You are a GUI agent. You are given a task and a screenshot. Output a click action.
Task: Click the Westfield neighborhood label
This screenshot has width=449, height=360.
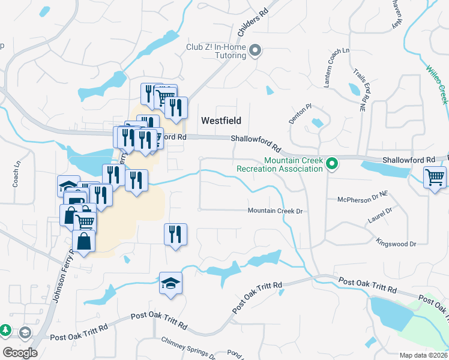[221, 121]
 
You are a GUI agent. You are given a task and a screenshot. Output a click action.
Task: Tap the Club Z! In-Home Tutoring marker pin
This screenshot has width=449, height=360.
[256, 50]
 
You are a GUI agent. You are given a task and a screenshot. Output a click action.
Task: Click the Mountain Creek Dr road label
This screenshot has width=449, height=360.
[274, 211]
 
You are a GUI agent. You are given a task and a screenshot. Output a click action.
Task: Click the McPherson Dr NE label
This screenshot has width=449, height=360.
[363, 200]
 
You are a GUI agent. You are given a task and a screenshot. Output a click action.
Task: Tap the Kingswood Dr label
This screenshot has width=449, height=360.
[396, 244]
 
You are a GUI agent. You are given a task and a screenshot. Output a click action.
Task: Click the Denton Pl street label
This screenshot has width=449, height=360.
[300, 112]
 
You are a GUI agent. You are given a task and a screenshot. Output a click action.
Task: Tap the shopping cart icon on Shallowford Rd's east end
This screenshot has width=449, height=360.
[434, 177]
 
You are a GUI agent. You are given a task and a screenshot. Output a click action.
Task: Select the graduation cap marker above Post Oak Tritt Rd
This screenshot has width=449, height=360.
[170, 283]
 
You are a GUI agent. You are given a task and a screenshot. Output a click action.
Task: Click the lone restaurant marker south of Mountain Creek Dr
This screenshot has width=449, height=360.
[175, 234]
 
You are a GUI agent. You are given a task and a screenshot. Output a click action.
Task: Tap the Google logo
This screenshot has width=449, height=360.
[20, 353]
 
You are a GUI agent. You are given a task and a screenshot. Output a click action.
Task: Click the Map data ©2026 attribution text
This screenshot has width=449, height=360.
[423, 355]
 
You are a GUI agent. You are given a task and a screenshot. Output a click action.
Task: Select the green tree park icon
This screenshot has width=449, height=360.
[5, 330]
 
